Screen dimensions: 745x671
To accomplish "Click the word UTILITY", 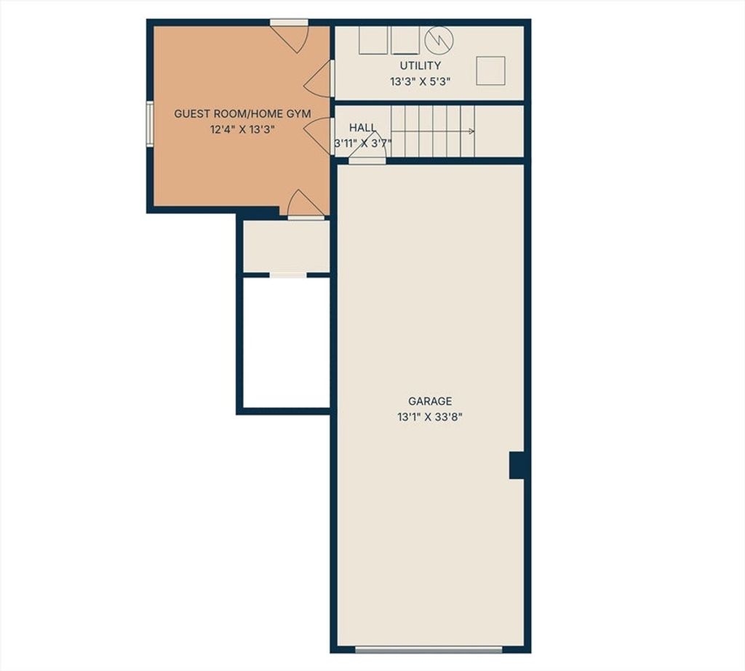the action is point(420,65).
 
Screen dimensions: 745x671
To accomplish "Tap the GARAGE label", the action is point(430,401).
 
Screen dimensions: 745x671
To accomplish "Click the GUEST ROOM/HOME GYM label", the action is point(242,114).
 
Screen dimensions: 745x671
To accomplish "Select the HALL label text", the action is point(362,127).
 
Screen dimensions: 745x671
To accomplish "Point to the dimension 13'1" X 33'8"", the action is point(430,417).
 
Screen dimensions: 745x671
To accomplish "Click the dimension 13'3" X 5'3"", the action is point(420,81).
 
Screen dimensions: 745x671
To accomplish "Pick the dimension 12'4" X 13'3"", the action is point(243,129).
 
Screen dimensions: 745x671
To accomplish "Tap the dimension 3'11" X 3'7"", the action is point(362,143).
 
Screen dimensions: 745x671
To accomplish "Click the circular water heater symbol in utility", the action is point(439,41).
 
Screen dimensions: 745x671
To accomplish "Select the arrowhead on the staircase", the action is point(471,132).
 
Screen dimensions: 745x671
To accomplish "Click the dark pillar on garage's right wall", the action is point(517,465).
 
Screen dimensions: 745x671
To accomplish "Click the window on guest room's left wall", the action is point(150,124).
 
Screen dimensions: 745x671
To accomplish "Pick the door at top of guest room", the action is point(290,36).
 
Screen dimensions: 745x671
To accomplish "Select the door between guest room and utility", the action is point(319,79).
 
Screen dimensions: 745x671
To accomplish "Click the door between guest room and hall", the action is point(319,136).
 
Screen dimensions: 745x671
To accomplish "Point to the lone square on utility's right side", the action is point(490,71).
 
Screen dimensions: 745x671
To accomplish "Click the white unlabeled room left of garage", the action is point(286,342).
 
